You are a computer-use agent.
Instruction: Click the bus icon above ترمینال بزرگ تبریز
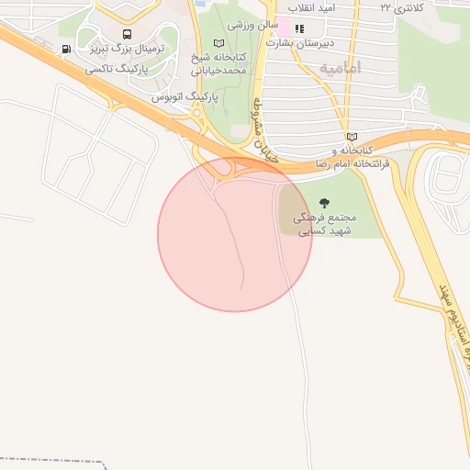[127, 34]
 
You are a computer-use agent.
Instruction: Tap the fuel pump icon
[66, 50]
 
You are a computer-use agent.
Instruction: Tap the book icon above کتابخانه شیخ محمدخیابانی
[218, 43]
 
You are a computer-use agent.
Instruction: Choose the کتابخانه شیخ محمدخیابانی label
[220, 63]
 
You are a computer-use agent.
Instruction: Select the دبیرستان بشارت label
[304, 42]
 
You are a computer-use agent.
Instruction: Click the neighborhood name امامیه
[341, 68]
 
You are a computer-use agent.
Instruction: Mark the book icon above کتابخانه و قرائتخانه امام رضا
[352, 137]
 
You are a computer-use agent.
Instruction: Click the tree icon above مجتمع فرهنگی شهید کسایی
[322, 202]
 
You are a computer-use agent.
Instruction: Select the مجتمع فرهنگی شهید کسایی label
[322, 225]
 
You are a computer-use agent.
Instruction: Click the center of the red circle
[235, 234]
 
